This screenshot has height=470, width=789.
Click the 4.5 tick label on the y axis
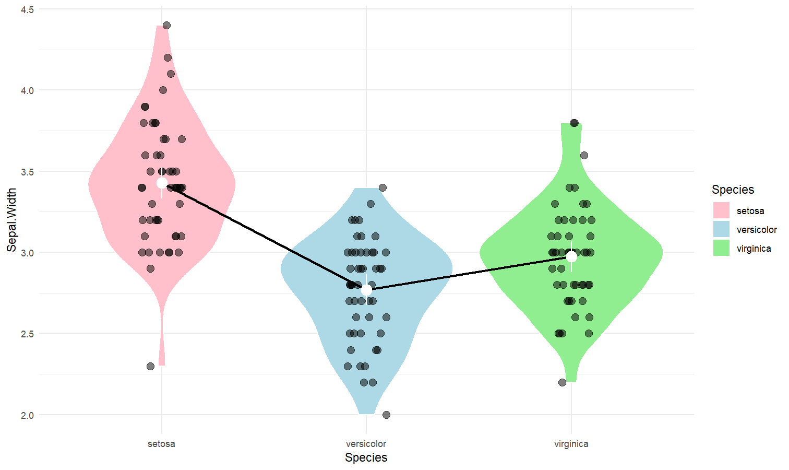click(27, 9)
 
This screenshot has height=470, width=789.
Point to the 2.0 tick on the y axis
click(27, 415)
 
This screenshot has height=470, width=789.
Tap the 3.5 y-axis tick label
click(27, 172)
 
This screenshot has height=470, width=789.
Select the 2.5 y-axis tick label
click(27, 334)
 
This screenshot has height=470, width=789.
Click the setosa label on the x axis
click(161, 444)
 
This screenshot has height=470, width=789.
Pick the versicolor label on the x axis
click(366, 444)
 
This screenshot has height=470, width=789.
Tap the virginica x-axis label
click(571, 444)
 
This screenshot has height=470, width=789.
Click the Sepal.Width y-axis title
click(11, 220)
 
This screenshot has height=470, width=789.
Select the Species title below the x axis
click(366, 457)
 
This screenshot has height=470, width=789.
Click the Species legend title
click(733, 190)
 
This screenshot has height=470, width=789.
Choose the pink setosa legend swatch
click(721, 210)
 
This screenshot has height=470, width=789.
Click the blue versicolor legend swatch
click(721, 229)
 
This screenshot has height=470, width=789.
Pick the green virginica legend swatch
click(721, 248)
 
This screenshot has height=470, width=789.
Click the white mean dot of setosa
click(162, 183)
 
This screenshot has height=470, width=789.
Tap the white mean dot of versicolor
click(366, 289)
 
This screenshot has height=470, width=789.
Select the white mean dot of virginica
click(571, 256)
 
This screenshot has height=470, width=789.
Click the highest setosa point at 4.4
click(166, 25)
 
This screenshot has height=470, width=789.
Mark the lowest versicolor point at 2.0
click(386, 415)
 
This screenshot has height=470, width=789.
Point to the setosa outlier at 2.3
click(150, 366)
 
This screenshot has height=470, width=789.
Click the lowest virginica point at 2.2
click(562, 382)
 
